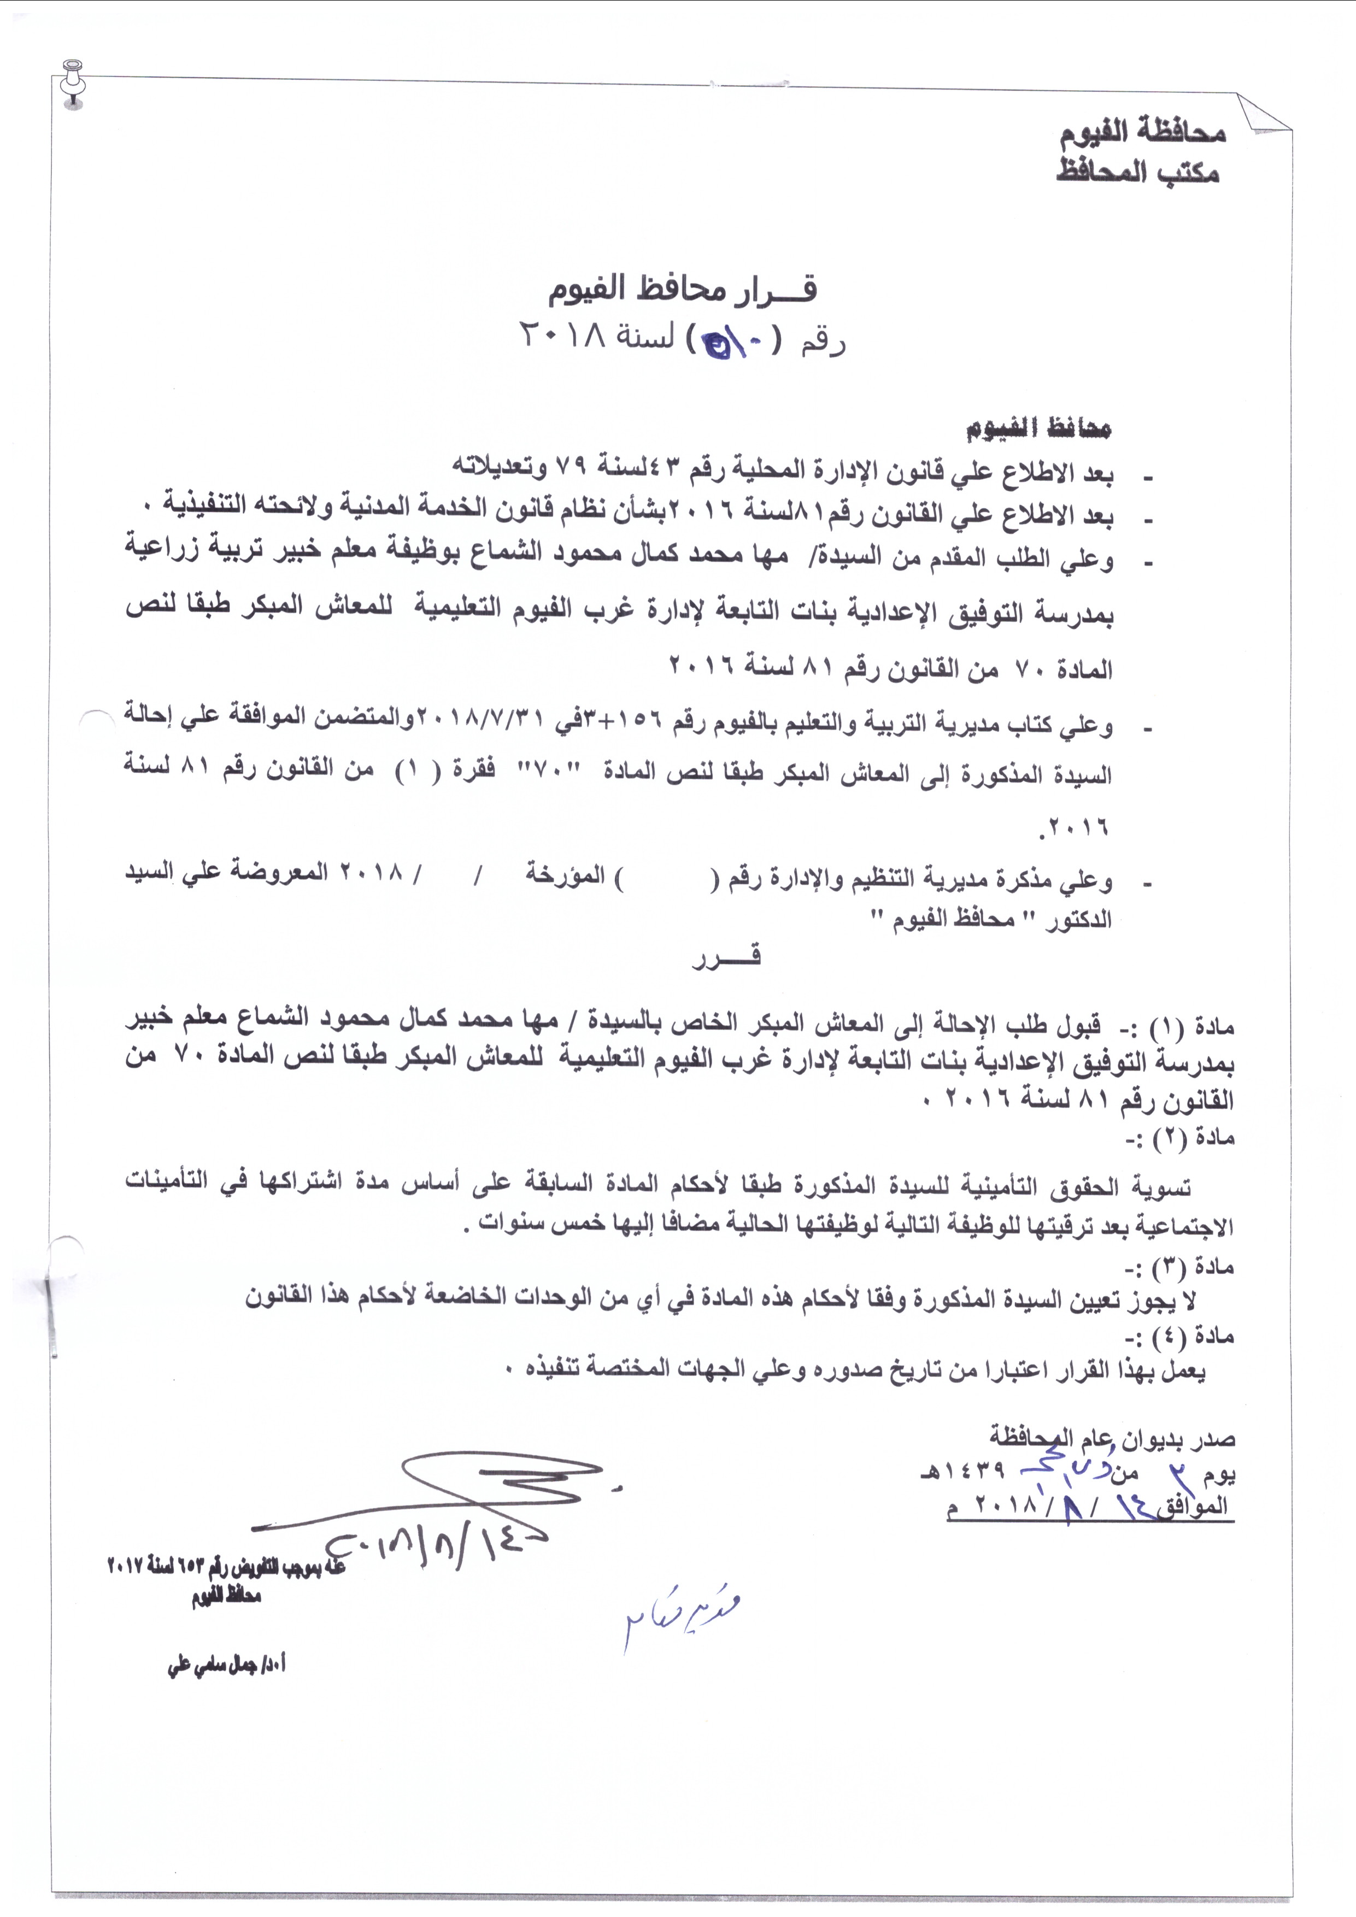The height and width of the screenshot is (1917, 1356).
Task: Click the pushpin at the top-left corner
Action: click(73, 83)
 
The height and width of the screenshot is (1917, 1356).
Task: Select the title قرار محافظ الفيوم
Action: click(682, 290)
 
